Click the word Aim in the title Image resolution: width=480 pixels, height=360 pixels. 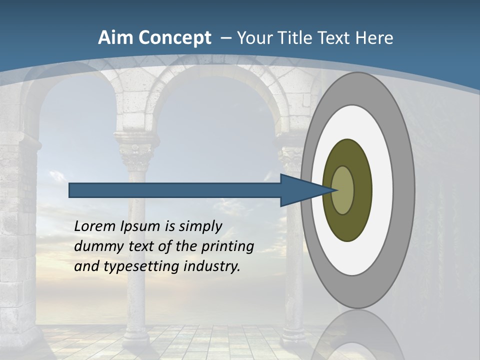[x=115, y=38]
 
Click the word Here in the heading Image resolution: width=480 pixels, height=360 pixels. [x=375, y=38]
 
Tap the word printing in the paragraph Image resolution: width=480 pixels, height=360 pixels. [x=227, y=247]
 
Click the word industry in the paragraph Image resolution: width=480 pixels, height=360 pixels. [x=212, y=266]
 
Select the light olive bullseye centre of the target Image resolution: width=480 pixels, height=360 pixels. [x=343, y=190]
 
